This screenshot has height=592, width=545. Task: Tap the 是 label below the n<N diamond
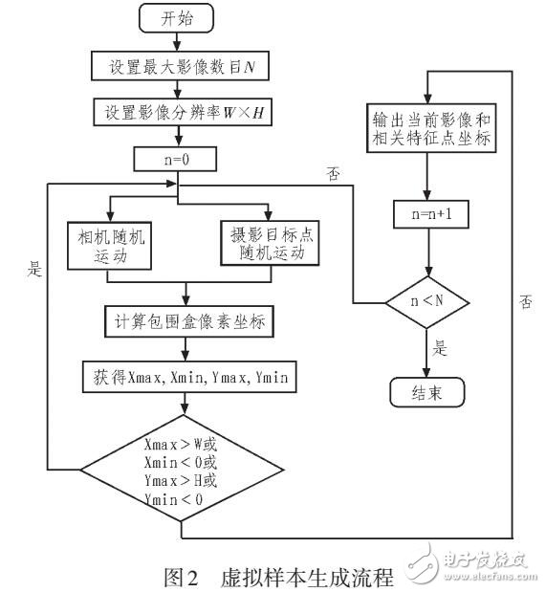[443, 349]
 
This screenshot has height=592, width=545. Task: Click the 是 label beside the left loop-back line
[34, 271]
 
